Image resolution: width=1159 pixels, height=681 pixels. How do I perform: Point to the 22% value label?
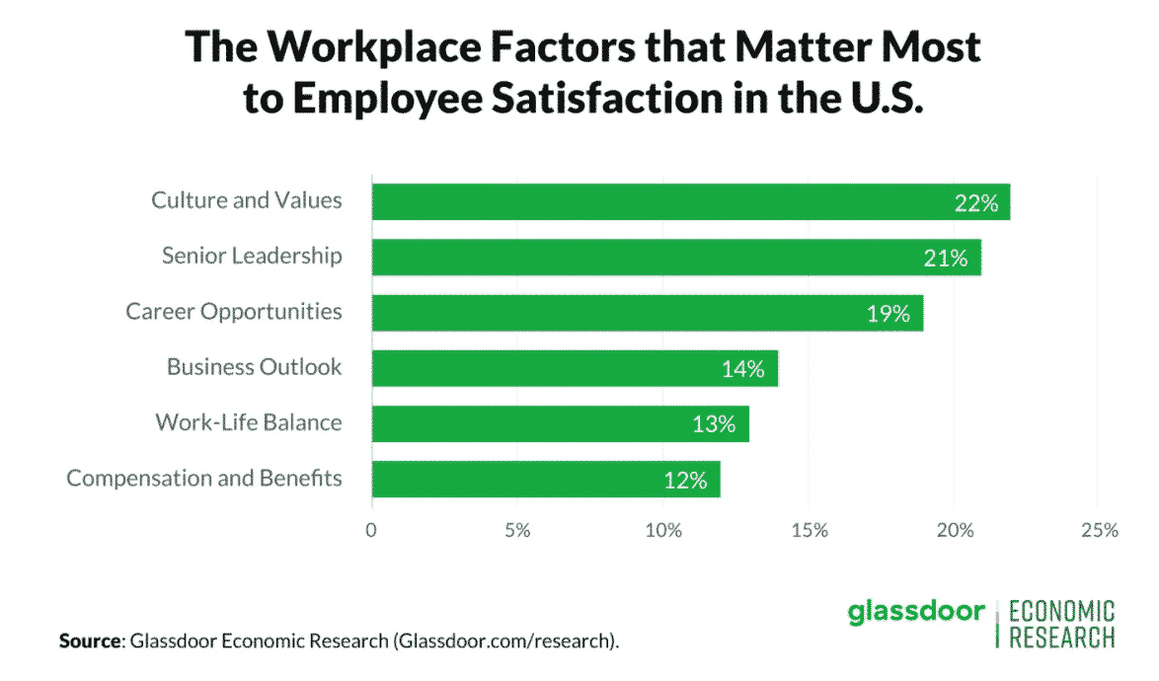(x=976, y=203)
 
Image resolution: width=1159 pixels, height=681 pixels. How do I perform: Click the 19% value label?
(x=888, y=314)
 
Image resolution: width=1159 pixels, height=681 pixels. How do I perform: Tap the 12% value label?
(x=685, y=481)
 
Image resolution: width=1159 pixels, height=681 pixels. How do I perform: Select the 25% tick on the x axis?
(x=1098, y=530)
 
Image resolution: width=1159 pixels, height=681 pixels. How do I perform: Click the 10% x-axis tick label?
(x=662, y=530)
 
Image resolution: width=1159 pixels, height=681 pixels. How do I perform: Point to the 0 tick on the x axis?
(x=371, y=530)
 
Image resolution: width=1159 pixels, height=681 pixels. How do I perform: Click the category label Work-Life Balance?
(x=249, y=422)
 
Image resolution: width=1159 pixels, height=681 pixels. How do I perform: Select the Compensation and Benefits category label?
(x=204, y=479)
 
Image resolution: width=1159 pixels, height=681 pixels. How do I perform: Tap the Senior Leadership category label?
(x=252, y=256)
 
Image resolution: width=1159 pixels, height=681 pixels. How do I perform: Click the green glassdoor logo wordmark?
(x=916, y=612)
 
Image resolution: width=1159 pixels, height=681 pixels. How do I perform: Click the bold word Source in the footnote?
(x=89, y=642)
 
